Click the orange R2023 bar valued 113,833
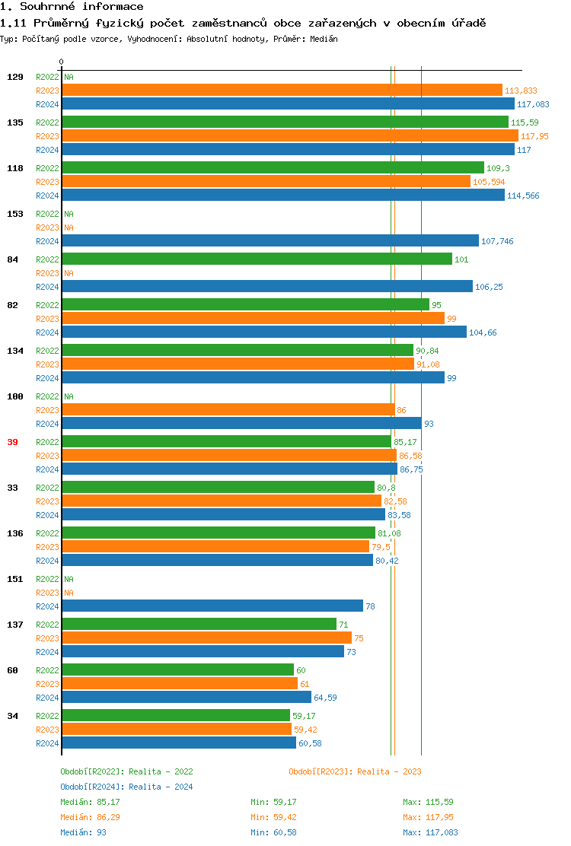click(282, 91)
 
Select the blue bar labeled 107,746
click(270, 241)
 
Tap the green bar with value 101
click(257, 259)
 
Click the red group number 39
click(13, 442)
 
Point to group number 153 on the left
click(15, 214)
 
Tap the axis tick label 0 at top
click(62, 62)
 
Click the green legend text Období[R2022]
click(89, 771)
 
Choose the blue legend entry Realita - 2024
click(161, 787)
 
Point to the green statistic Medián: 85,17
click(90, 802)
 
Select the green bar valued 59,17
click(176, 716)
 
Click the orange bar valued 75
click(206, 638)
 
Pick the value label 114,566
click(523, 196)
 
